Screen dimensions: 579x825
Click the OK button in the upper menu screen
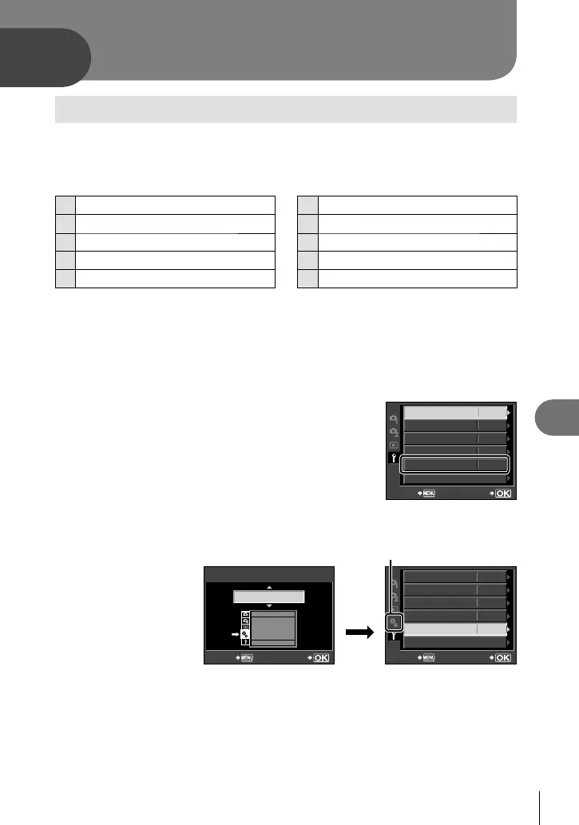[503, 494]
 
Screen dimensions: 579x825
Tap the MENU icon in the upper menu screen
[428, 494]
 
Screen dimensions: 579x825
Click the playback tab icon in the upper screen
[393, 444]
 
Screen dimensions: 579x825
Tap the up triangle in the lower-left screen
[268, 587]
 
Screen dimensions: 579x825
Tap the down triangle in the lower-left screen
[268, 607]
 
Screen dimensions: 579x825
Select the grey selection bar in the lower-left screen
[268, 597]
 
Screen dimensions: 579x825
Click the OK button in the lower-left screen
[320, 658]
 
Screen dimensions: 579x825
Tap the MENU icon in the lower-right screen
[428, 658]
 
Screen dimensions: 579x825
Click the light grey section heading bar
[286, 109]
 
